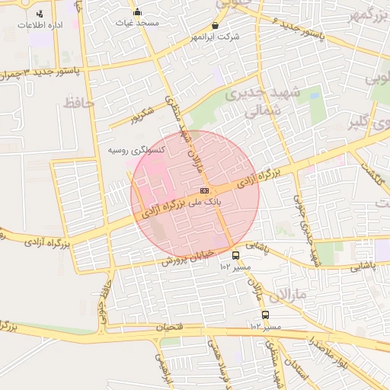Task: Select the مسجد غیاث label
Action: (138, 23)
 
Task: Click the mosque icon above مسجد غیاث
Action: (137, 11)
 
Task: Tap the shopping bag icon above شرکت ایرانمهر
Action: (215, 25)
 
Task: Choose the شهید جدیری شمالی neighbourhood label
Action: (256, 101)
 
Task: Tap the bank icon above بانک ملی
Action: (203, 190)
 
